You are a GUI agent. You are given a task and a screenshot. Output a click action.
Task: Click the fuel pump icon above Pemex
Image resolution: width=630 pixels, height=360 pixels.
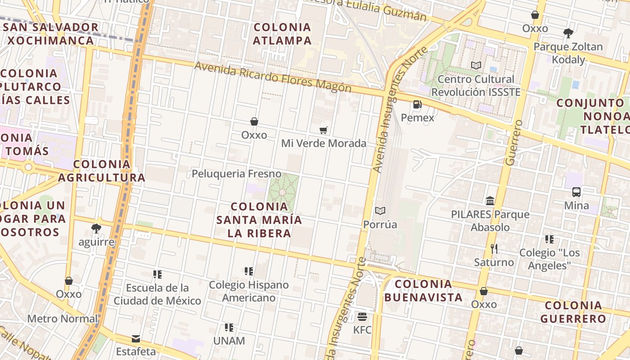(417, 105)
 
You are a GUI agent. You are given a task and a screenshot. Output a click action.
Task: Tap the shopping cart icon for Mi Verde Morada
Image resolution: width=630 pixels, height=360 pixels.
(323, 130)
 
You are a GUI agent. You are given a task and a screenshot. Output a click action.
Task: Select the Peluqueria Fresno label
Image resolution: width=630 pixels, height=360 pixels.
(236, 174)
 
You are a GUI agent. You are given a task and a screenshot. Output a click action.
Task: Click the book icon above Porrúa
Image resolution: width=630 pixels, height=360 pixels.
(380, 211)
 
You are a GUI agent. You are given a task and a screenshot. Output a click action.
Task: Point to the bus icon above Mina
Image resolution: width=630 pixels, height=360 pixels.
(576, 192)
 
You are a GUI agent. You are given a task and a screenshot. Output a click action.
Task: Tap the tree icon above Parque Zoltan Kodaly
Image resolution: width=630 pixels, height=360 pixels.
(568, 33)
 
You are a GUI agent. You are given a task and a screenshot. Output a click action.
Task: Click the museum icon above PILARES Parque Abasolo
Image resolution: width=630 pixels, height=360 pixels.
(490, 201)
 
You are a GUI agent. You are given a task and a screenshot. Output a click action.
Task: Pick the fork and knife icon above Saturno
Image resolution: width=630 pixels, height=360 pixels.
(494, 248)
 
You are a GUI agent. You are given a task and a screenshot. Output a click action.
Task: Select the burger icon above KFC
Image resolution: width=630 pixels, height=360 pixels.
(362, 317)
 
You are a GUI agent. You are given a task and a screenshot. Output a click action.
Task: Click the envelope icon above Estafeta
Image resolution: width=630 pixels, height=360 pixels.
(135, 338)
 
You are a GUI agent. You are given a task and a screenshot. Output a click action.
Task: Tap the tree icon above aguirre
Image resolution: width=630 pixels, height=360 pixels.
(96, 229)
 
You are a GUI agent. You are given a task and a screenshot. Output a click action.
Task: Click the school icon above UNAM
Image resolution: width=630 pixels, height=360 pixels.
(229, 328)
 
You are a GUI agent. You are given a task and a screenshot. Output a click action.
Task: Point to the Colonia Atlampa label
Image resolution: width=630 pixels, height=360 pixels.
(282, 34)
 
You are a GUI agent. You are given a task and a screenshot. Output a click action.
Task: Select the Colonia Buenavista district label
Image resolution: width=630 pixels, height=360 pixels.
(423, 290)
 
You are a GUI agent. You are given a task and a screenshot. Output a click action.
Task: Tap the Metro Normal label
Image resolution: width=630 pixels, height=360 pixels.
(63, 319)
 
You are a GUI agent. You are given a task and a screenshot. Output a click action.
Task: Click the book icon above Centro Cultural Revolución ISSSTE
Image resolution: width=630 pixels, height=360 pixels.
(476, 66)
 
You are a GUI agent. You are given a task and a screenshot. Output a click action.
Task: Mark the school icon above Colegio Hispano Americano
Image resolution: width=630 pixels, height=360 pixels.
(248, 271)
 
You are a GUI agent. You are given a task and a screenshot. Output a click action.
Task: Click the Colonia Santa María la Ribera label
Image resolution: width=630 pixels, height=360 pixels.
(259, 220)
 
